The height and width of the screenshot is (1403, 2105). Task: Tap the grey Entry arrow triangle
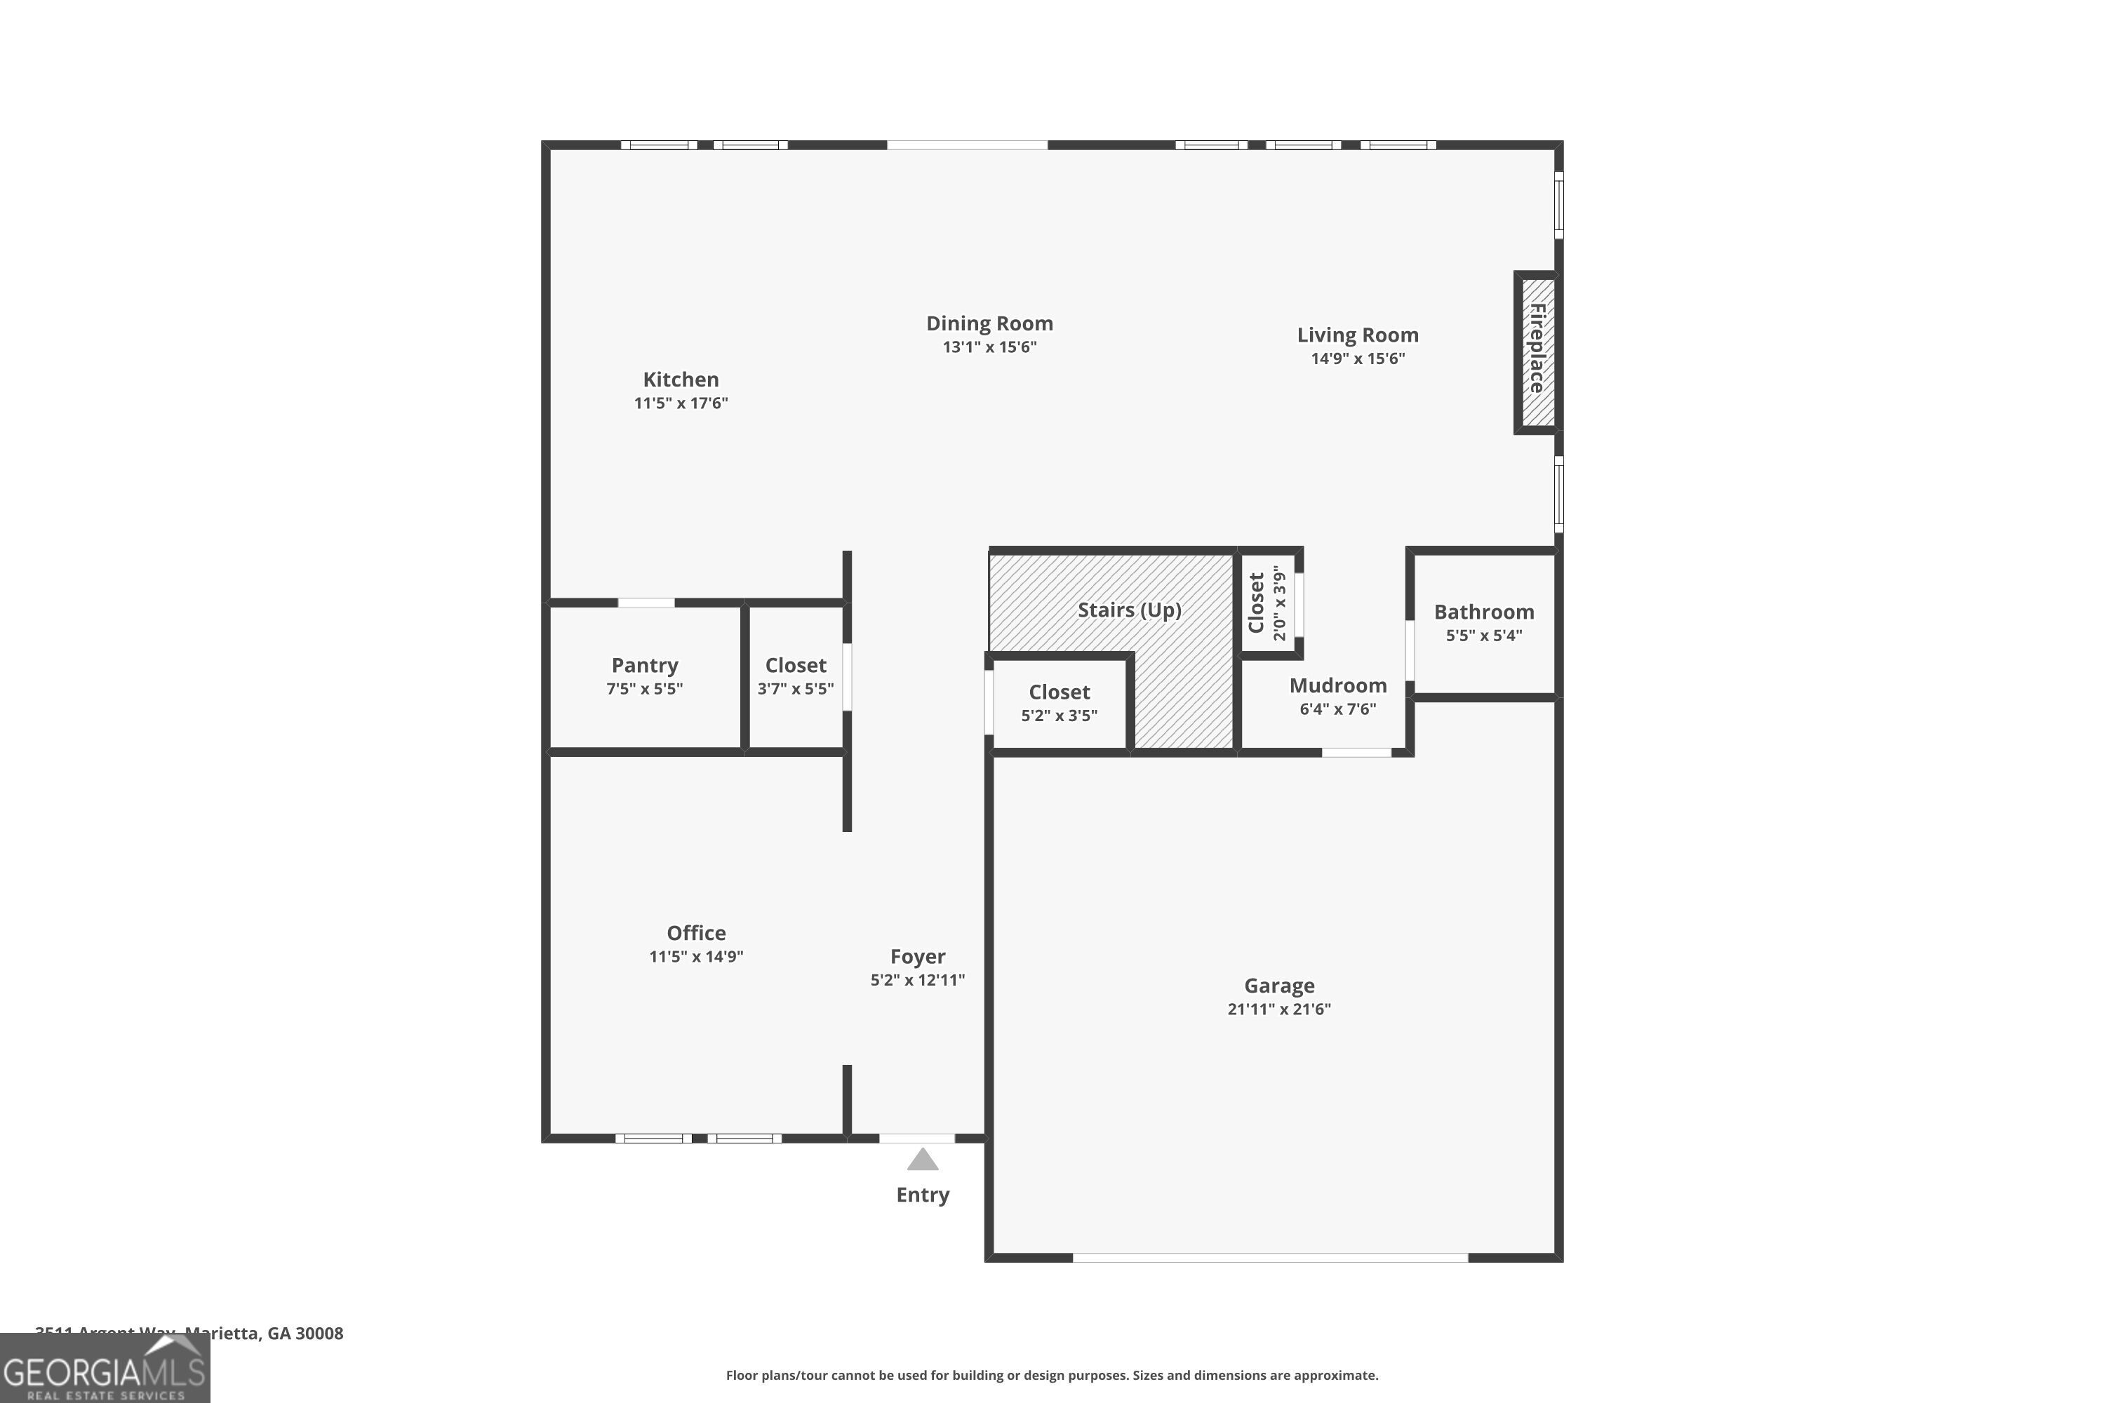tap(922, 1160)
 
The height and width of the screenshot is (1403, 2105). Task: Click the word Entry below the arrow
tap(922, 1195)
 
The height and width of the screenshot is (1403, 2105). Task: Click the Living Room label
tap(1357, 335)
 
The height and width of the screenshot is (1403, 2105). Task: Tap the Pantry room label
tap(644, 666)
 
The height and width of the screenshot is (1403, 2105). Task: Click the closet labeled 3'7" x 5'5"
tap(795, 676)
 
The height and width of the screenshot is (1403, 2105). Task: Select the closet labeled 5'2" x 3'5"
tap(1059, 704)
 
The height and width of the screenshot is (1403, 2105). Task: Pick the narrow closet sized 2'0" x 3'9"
tap(1267, 603)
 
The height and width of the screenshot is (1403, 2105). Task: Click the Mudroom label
tap(1337, 686)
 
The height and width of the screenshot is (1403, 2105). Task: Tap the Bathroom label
tap(1483, 612)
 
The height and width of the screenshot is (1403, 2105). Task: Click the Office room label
tap(695, 933)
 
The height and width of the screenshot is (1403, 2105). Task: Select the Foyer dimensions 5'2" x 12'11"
tap(917, 980)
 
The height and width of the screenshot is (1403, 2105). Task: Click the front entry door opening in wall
tap(916, 1138)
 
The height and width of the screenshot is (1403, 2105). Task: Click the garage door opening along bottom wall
tap(1269, 1257)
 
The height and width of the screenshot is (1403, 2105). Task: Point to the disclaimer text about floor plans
tap(1052, 1375)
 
